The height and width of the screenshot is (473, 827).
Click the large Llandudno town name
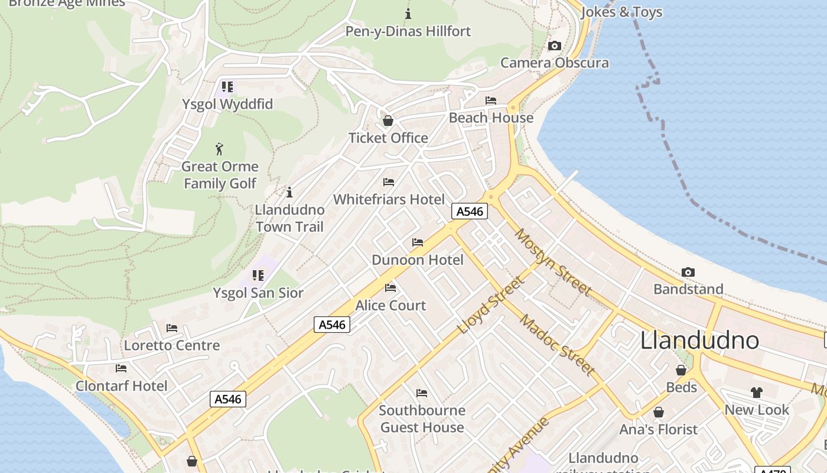click(699, 341)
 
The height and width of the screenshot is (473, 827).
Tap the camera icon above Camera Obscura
click(554, 46)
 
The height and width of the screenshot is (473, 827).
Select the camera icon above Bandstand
click(688, 272)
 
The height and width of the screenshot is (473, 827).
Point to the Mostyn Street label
click(552, 261)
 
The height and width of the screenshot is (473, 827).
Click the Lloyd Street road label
click(491, 304)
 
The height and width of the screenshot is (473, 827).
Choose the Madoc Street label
click(557, 345)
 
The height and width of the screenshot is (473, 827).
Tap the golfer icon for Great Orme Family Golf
click(219, 149)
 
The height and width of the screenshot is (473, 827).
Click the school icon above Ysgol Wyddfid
click(227, 87)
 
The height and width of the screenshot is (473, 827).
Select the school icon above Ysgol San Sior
click(258, 276)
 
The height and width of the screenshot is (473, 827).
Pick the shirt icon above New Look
click(756, 392)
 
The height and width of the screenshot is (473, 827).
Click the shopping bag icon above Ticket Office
click(388, 121)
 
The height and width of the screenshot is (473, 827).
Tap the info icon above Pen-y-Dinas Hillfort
click(408, 13)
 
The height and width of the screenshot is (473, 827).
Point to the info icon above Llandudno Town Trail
click(289, 192)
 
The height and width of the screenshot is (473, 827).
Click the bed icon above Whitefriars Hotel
click(388, 182)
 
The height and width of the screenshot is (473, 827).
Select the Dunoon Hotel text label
click(417, 260)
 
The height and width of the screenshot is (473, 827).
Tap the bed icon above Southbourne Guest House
click(421, 393)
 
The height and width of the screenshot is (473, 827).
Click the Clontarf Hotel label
click(122, 386)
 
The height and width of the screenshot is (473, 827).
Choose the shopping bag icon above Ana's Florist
click(658, 412)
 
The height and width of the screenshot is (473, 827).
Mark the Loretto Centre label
click(171, 345)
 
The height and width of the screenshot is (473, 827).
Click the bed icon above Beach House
click(490, 100)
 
